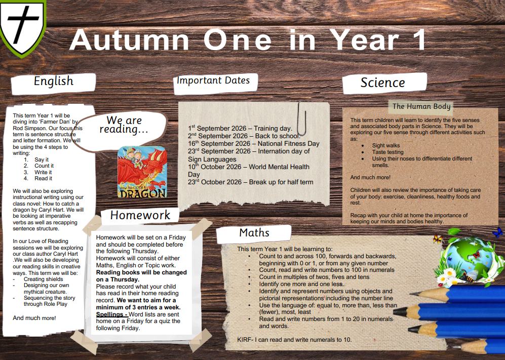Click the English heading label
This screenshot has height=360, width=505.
(x=54, y=81)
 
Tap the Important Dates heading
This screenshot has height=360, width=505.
(x=213, y=81)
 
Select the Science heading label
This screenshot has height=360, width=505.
(x=382, y=83)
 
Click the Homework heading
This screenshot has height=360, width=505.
(x=140, y=215)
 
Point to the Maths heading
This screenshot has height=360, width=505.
(x=254, y=232)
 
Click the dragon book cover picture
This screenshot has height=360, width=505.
(x=142, y=172)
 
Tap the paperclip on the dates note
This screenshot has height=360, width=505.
(x=302, y=118)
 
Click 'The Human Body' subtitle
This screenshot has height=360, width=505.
(x=421, y=106)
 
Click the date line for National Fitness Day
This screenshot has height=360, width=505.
(x=254, y=144)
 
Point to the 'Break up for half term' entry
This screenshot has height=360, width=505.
(x=251, y=182)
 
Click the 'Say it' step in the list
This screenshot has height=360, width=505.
(x=42, y=159)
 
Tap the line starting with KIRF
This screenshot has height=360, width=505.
(x=294, y=340)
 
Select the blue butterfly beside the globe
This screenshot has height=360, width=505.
(x=498, y=232)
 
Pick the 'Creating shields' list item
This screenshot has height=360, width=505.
(x=43, y=279)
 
